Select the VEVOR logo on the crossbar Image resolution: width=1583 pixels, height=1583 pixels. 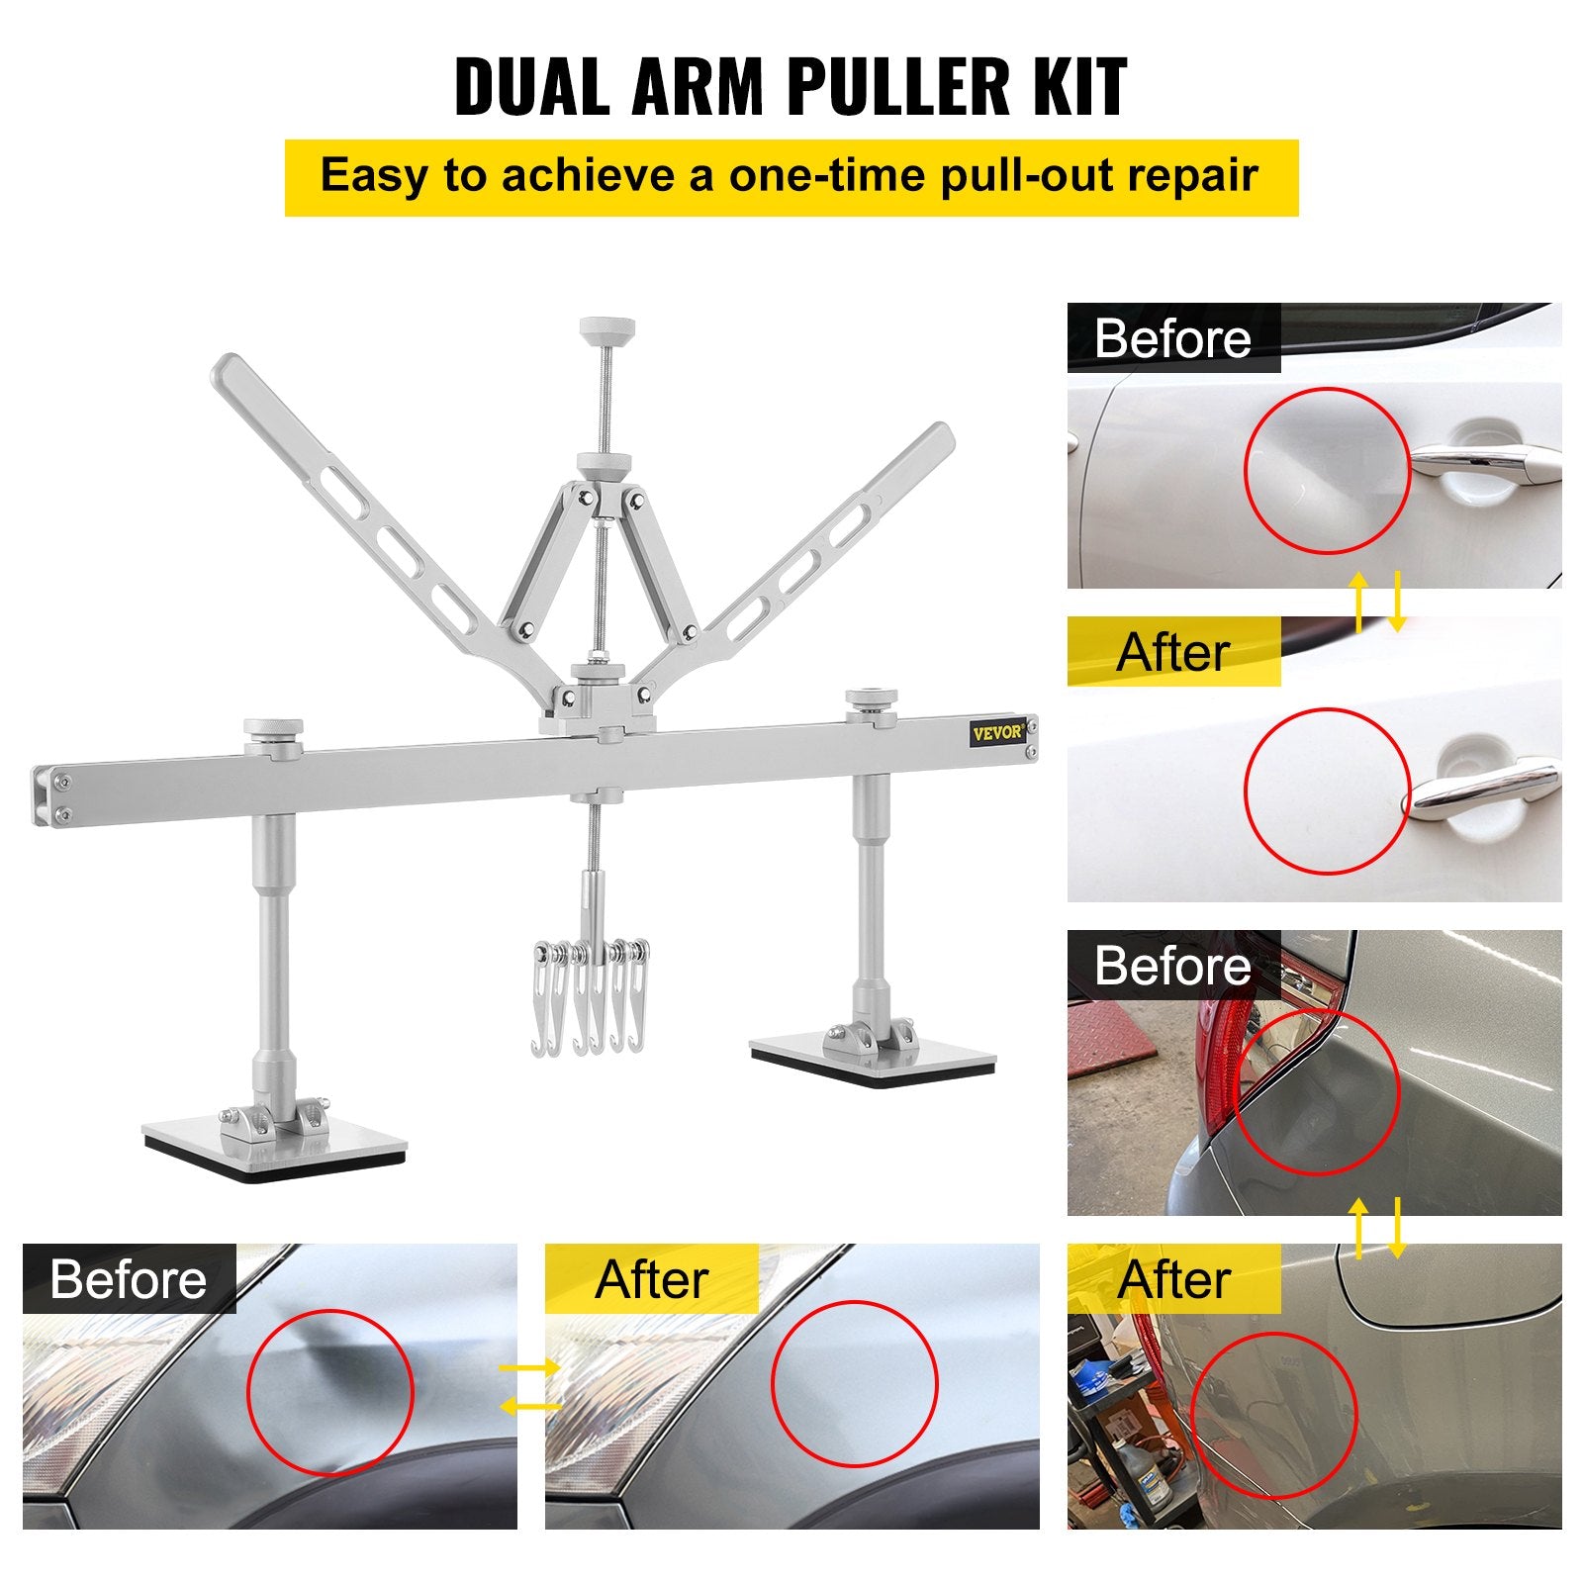[x=996, y=733]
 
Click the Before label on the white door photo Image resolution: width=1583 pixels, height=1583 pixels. [x=1172, y=338]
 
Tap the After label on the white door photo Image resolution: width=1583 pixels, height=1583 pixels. [x=1172, y=652]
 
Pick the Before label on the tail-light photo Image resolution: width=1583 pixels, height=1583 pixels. [x=1172, y=965]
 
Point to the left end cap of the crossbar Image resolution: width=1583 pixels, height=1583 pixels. [x=44, y=794]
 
